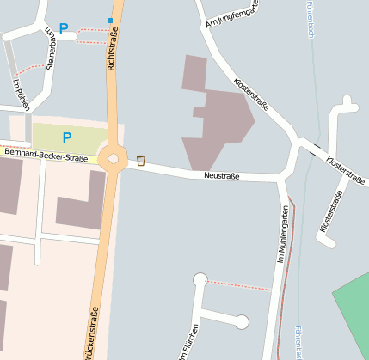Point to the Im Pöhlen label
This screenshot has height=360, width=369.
point(22,95)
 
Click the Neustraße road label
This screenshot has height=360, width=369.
point(221,175)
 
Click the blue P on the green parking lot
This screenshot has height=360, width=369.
point(66,136)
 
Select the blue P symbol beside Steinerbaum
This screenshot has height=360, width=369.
point(63,28)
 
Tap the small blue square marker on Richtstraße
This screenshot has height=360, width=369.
point(110,20)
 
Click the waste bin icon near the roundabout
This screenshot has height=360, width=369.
point(140,160)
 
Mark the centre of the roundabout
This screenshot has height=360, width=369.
point(113,158)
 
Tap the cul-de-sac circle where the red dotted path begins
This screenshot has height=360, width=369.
point(200,279)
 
